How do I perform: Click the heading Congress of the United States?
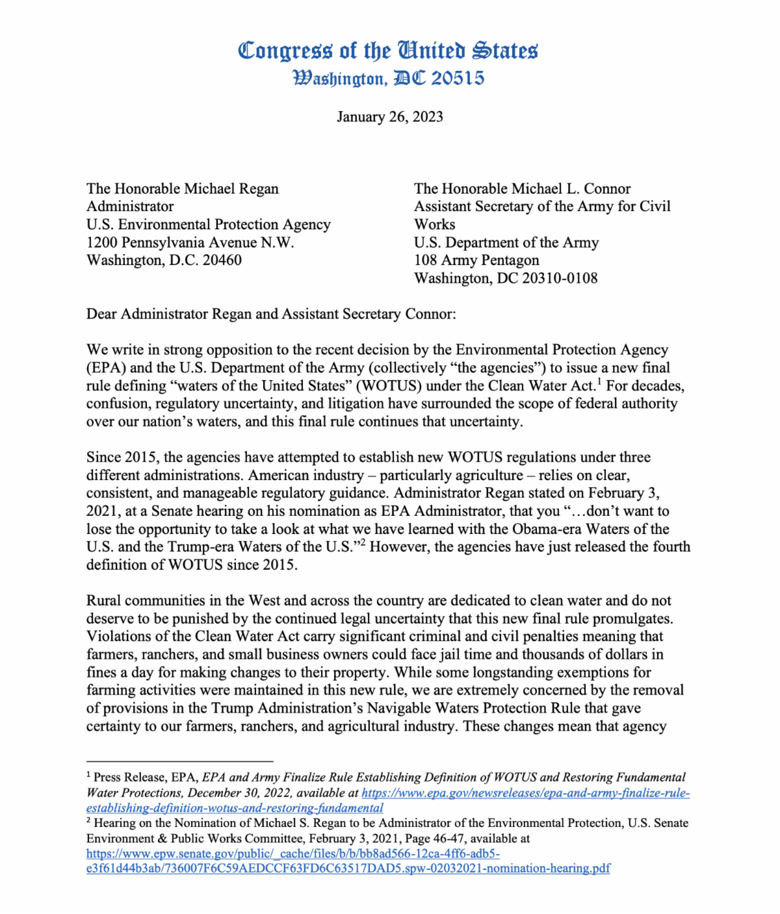(x=388, y=51)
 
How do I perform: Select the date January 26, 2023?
(x=389, y=117)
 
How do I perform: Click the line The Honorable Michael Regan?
(x=182, y=189)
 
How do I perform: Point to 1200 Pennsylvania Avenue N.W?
(x=190, y=243)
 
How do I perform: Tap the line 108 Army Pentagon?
(x=476, y=260)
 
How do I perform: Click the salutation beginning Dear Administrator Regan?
(x=271, y=314)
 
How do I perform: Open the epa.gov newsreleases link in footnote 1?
(x=525, y=793)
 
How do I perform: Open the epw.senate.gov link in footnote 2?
(x=292, y=854)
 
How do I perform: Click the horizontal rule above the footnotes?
(x=179, y=761)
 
